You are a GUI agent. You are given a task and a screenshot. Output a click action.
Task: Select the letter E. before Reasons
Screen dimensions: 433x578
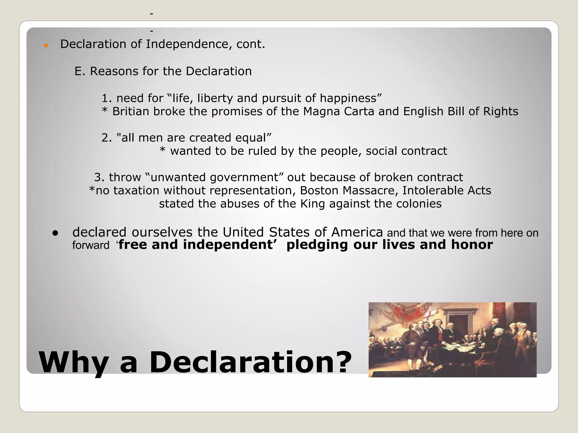[x=79, y=71]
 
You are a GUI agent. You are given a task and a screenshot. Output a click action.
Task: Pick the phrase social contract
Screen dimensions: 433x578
[x=406, y=151]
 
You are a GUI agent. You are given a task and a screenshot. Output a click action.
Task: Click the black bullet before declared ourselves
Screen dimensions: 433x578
[x=55, y=233]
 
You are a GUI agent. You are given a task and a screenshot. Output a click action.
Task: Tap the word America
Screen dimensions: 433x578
[x=357, y=232]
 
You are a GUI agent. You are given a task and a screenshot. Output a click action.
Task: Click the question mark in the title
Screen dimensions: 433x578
[x=342, y=362]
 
